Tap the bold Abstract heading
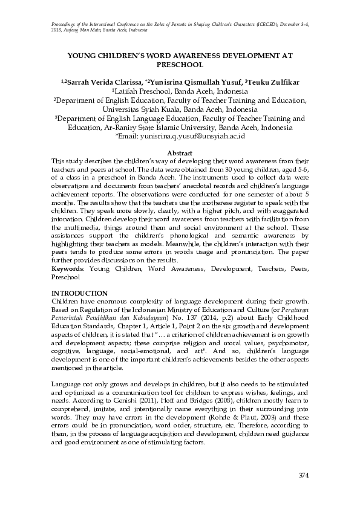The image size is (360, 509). pyautogui.click(x=180, y=154)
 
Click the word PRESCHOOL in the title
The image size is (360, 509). pyautogui.click(x=180, y=63)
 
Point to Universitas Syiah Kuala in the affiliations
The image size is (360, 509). pyautogui.click(x=143, y=109)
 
